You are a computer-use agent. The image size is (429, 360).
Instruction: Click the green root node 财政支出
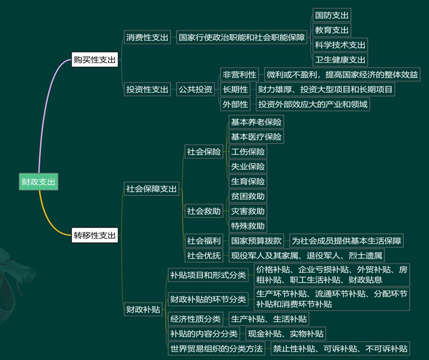38,182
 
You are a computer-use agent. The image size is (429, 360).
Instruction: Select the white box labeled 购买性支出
95,60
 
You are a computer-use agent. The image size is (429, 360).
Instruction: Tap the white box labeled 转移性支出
95,235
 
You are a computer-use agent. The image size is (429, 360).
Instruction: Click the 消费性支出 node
147,38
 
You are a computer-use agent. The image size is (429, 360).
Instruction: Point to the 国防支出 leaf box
332,16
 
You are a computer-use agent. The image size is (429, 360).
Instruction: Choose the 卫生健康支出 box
340,60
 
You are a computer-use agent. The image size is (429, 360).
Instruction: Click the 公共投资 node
195,90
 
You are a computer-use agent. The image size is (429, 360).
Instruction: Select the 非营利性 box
239,74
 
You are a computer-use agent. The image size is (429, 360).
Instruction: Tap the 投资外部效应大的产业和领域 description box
313,104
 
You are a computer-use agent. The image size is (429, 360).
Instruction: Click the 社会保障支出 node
151,189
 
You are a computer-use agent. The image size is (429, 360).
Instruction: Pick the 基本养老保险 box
256,122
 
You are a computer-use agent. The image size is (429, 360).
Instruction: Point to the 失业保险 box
247,166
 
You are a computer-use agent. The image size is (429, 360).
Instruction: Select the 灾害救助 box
247,211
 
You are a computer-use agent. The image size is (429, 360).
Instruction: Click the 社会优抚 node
204,255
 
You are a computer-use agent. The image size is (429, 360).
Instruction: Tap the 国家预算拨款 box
256,241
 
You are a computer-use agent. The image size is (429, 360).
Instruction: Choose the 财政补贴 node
143,309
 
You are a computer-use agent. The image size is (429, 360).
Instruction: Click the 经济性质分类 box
195,319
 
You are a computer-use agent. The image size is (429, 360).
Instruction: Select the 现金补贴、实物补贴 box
285,334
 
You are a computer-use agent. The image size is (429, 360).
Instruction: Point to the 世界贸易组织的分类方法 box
216,348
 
